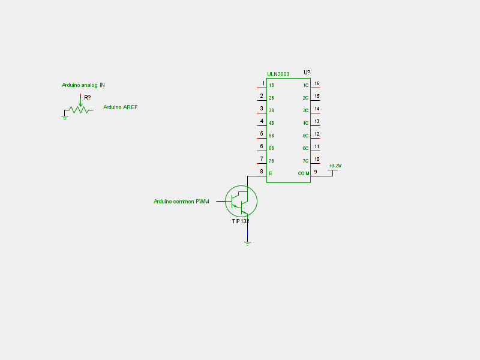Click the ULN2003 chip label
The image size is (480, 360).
[x=278, y=74]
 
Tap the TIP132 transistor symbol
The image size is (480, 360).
[x=241, y=202]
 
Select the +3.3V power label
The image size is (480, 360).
[x=335, y=166]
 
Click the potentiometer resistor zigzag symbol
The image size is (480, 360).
[x=79, y=110]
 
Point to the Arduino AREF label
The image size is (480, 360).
[x=120, y=107]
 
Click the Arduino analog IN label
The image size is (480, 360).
[x=83, y=85]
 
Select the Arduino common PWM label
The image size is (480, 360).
[x=181, y=202]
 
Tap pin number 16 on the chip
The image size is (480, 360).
[x=317, y=83]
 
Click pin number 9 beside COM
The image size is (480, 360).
[x=316, y=171]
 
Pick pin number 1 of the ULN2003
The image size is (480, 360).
[x=262, y=83]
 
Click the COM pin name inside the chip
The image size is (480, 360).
[x=304, y=173]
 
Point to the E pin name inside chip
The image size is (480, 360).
[x=270, y=173]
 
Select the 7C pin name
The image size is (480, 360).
[x=305, y=161]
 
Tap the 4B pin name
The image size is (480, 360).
[x=271, y=123]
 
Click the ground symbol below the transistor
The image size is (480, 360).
[x=247, y=243]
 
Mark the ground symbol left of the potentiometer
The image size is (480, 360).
[x=65, y=118]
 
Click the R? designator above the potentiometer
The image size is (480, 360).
[x=88, y=97]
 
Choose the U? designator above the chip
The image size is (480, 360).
[x=307, y=73]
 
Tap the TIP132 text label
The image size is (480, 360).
[x=241, y=221]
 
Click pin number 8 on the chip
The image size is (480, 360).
[x=262, y=171]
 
